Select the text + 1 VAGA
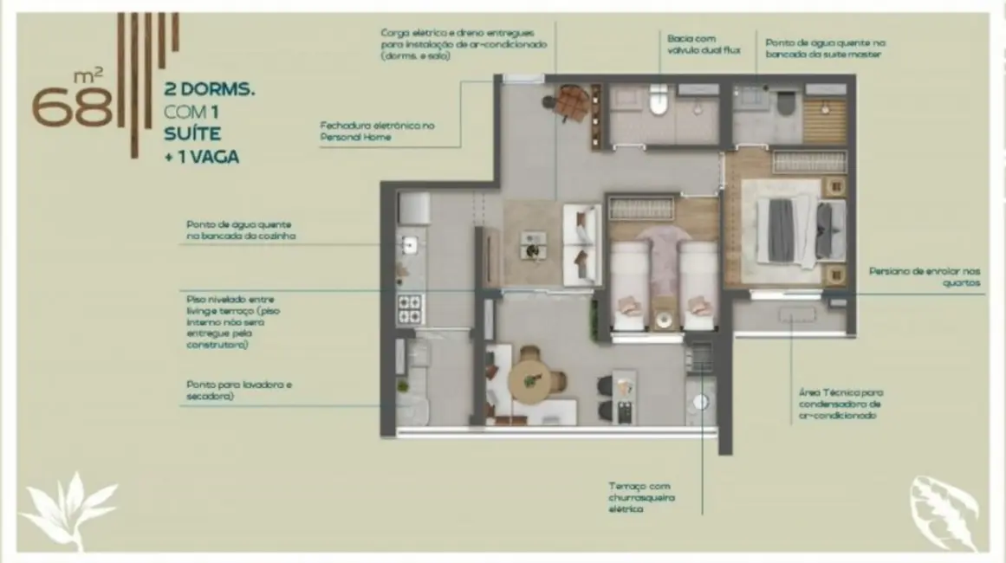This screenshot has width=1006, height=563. coord(201,157)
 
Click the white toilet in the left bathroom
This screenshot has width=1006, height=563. coord(658,101)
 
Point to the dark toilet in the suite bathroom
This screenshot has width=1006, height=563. coord(786,101)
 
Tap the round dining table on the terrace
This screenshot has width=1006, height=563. coord(530,379)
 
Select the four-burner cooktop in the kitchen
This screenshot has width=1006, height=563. coord(410,307)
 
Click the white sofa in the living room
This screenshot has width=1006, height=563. coord(582,244)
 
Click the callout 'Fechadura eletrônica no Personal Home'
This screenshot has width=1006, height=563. coord(377,131)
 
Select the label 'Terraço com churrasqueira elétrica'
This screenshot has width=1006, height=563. coord(642,498)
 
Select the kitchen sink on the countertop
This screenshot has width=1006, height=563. coord(409,246)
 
